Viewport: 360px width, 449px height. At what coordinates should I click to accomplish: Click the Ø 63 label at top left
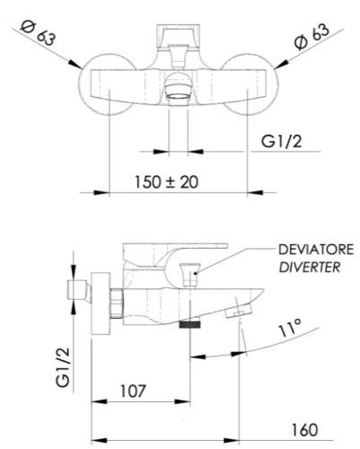pyautogui.click(x=38, y=33)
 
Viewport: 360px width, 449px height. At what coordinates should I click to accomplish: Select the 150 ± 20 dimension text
pyautogui.click(x=166, y=182)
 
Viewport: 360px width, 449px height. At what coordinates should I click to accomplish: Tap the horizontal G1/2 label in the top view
pyautogui.click(x=282, y=141)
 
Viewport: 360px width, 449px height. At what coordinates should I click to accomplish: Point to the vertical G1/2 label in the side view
pyautogui.click(x=63, y=367)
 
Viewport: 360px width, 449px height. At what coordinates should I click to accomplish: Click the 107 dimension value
pyautogui.click(x=133, y=391)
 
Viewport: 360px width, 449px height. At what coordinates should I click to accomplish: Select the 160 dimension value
pyautogui.click(x=304, y=430)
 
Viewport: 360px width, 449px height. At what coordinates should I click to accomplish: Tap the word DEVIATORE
pyautogui.click(x=316, y=250)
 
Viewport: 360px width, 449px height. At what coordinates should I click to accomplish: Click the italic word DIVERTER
pyautogui.click(x=310, y=268)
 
